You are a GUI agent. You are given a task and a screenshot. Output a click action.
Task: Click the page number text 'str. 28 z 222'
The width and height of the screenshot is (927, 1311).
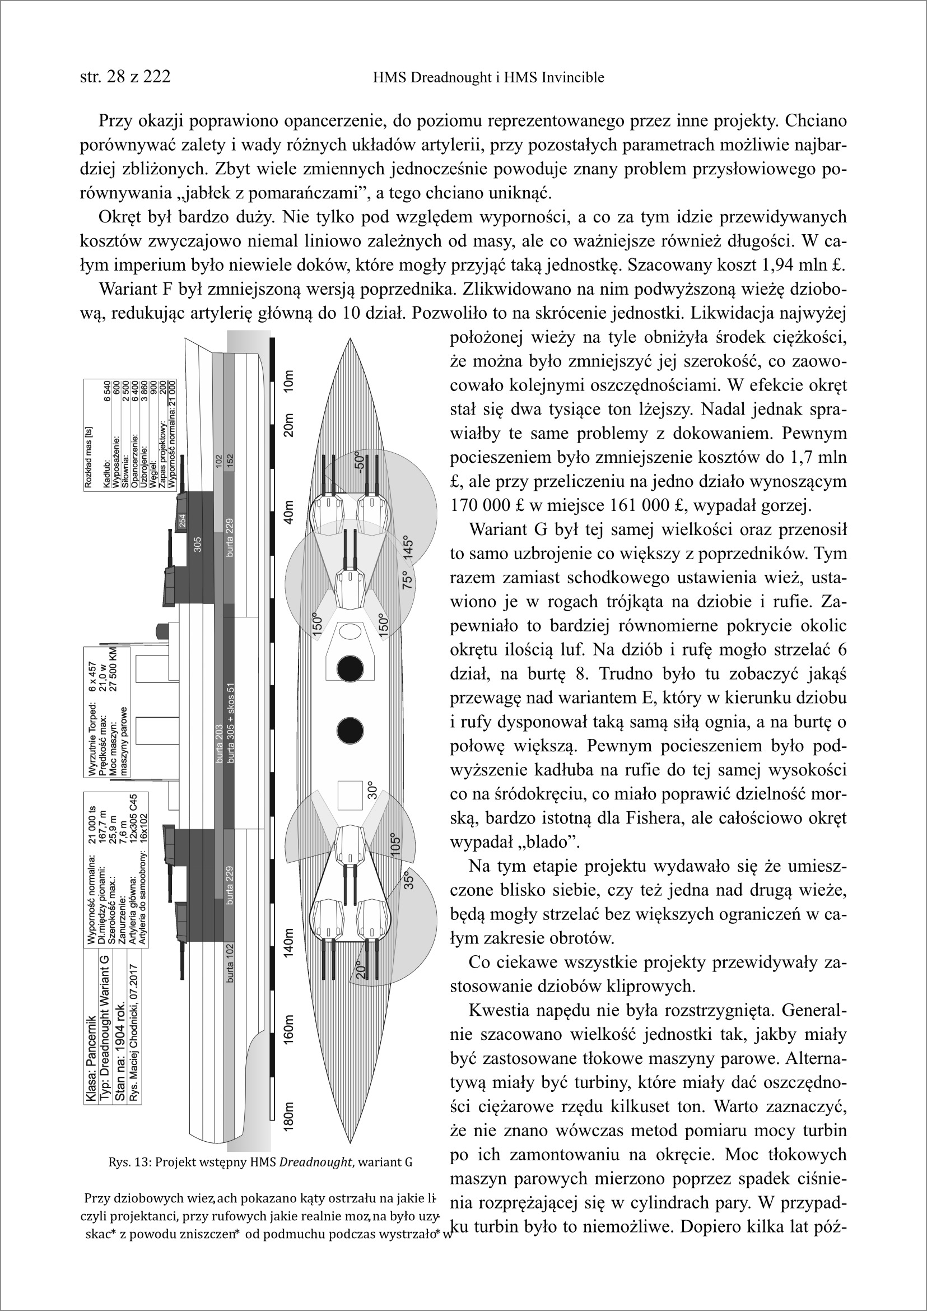125,77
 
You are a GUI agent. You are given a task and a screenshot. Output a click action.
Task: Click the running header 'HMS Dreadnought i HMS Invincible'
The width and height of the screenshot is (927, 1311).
488,78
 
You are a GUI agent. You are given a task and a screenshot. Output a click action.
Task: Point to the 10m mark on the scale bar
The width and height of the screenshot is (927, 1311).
289,381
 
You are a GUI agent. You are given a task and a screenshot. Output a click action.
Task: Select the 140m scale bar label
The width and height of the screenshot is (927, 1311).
289,943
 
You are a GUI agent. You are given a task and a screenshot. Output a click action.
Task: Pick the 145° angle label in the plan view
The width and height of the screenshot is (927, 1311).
409,548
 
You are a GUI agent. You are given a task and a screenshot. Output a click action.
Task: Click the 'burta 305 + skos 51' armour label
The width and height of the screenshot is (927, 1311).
231,723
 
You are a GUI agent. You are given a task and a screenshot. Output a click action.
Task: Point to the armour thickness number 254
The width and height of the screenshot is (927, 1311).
183,521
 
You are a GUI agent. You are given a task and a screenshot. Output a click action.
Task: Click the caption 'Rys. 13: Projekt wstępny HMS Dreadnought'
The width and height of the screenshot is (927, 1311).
260,1163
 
